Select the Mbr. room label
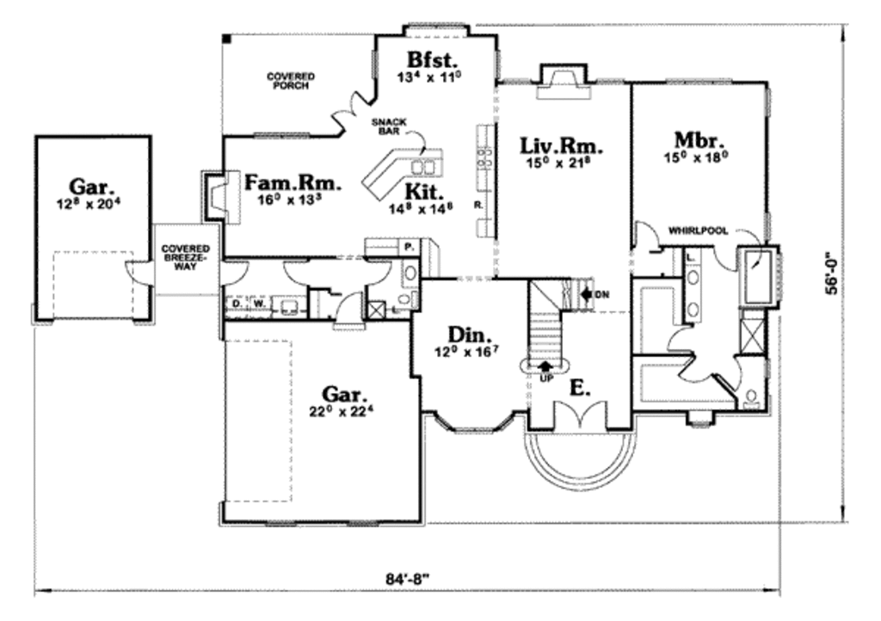[x=698, y=140]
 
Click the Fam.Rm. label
[x=293, y=183]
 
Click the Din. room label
[x=468, y=334]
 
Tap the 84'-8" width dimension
[x=408, y=577]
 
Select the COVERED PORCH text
[x=290, y=81]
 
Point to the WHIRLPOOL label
[x=699, y=231]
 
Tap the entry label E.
[x=581, y=388]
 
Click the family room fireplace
[x=213, y=194]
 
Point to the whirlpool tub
[x=758, y=275]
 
